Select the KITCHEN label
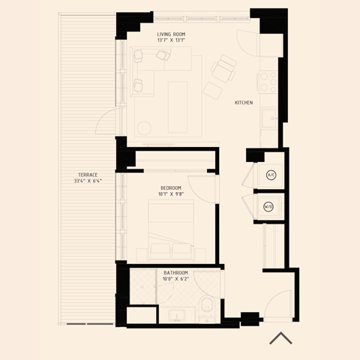point(244,103)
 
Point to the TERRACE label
point(88,174)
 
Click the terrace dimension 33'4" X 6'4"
point(88,181)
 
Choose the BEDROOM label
point(171,187)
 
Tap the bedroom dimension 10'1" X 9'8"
point(171,194)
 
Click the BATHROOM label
point(175,273)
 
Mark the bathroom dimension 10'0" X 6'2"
point(175,280)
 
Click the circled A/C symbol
point(271,175)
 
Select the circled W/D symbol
point(268,208)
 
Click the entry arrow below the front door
point(280,337)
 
